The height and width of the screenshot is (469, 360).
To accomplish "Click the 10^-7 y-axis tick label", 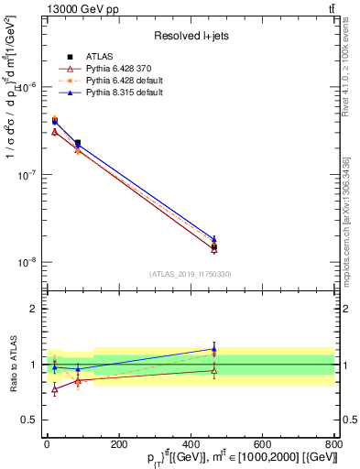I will (29, 174).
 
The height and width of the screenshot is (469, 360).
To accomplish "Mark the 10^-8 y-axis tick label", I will (29, 262).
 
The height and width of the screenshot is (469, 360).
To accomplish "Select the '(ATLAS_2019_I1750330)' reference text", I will (191, 274).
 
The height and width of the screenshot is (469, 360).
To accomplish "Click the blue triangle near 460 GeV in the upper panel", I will (213, 238).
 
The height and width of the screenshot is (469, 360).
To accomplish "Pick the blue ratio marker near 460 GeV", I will (213, 348).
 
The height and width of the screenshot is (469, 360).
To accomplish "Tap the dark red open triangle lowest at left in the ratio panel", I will (54, 389).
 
